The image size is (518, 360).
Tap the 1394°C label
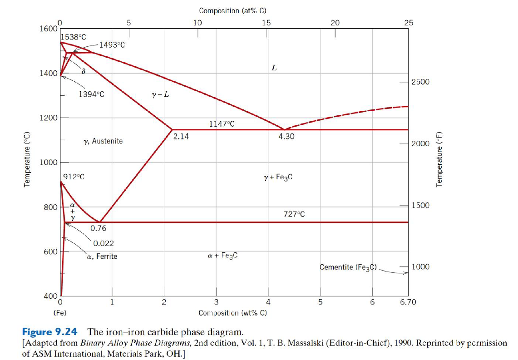[91, 95]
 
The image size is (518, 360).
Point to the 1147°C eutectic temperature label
[222, 123]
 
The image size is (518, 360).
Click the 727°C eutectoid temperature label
[294, 214]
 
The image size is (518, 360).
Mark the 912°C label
[74, 177]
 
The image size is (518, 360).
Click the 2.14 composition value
[181, 136]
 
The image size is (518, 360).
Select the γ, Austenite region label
[103, 141]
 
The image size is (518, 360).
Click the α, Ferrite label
[102, 256]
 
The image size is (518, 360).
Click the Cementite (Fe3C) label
[349, 267]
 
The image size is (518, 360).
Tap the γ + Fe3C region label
[278, 177]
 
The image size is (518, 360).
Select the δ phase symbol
[83, 71]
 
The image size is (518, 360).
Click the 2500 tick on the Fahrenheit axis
[420, 82]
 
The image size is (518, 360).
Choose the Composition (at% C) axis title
[232, 10]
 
